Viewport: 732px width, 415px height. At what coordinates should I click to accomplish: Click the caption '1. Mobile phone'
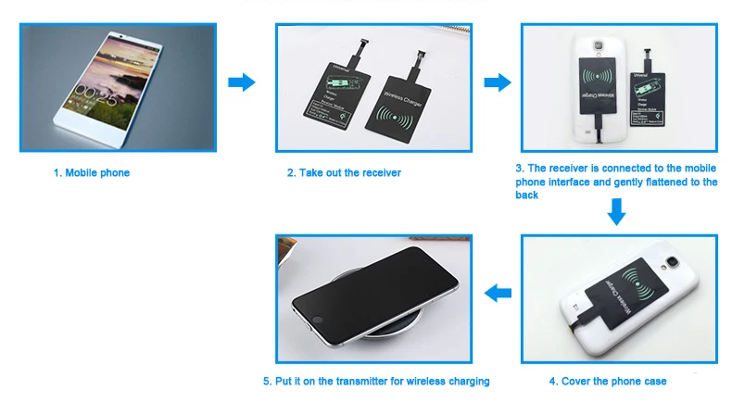click(x=91, y=173)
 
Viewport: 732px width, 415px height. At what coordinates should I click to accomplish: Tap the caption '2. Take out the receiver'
click(x=344, y=173)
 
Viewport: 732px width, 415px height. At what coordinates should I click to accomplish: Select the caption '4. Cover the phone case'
click(x=607, y=381)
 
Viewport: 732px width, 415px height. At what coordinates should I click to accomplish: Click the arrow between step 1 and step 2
click(x=241, y=82)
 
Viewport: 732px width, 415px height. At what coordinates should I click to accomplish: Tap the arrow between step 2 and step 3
click(x=498, y=82)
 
